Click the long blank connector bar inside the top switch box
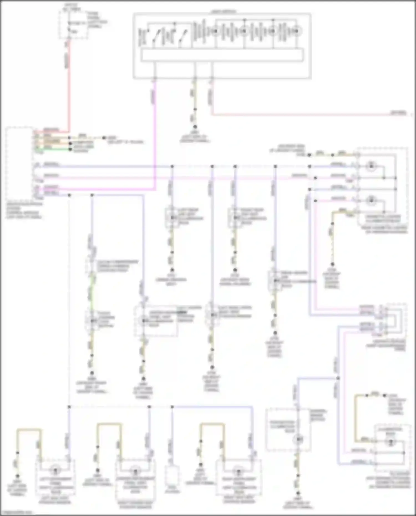[x=222, y=55]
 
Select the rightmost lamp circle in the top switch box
[x=296, y=31]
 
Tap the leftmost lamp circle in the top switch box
[x=215, y=31]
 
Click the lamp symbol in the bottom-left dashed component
[x=55, y=471]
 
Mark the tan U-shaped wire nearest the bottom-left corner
[x=29, y=430]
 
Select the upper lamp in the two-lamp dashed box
[x=371, y=166]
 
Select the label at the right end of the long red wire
[x=399, y=113]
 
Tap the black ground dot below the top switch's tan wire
[x=195, y=127]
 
